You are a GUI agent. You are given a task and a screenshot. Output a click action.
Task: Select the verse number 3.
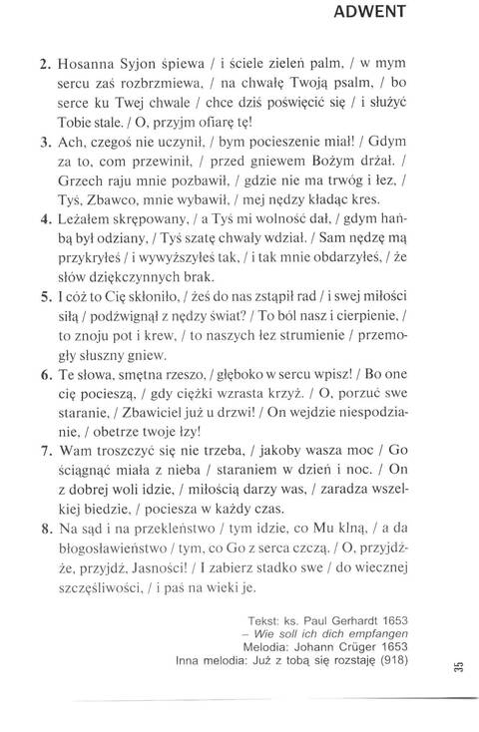(45, 143)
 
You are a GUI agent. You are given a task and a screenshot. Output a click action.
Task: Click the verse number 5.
(45, 325)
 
